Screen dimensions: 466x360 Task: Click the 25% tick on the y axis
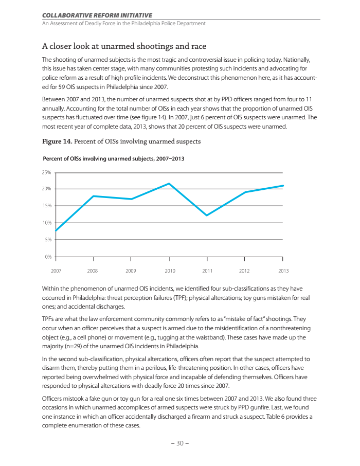tap(46, 172)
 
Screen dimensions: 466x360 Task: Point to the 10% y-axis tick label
tap(46, 223)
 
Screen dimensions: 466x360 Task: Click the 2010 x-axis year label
tap(170, 271)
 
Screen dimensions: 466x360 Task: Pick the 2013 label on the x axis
tap(283, 271)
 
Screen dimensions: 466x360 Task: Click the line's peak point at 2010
tap(169, 184)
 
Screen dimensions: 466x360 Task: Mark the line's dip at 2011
tap(206, 215)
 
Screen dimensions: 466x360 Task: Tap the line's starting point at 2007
tap(56, 230)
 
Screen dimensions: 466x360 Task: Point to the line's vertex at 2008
tap(93, 196)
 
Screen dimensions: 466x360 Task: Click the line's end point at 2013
tap(283, 186)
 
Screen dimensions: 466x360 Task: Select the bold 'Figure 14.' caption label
tap(58, 141)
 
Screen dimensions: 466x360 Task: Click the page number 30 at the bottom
tap(180, 444)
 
